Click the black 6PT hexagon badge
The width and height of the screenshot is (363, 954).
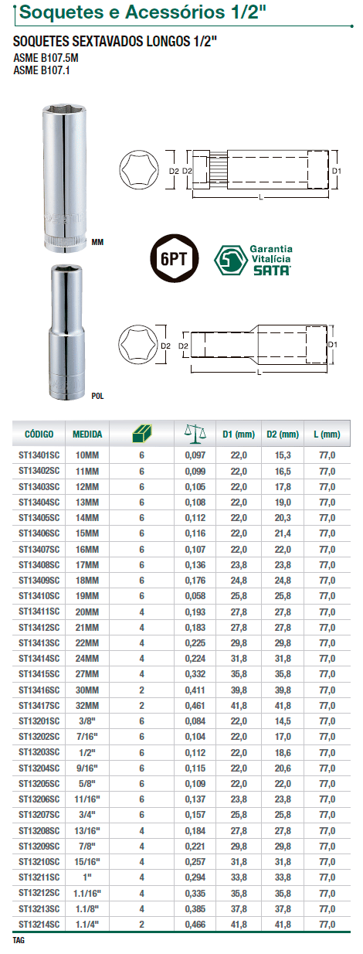175,258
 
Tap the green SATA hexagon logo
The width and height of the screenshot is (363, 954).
231,260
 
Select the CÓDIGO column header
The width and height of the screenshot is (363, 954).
39,434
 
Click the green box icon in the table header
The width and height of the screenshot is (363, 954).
141,434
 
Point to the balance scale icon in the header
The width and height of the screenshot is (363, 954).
195,432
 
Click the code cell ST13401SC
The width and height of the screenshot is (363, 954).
39,455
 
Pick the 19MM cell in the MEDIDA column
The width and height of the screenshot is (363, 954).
87,596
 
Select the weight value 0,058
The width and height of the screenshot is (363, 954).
195,596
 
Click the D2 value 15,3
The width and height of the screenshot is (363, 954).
283,455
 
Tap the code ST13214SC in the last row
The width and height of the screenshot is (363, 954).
39,924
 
